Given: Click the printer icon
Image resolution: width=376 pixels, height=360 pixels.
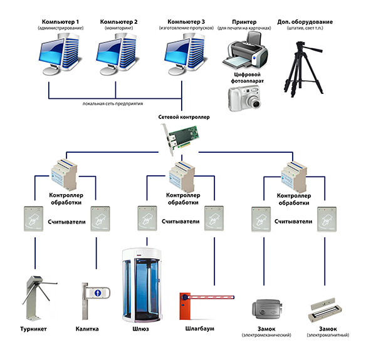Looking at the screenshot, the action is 245,51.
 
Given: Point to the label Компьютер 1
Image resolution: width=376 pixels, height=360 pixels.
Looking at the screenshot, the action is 60,22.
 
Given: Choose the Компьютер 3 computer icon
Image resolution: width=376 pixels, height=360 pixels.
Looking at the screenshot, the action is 184,54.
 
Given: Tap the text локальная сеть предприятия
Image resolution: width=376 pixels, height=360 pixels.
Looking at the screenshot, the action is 113,104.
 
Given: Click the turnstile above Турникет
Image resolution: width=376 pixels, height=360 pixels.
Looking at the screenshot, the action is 38,297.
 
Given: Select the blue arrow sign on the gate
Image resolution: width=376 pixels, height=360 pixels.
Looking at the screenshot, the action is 98,292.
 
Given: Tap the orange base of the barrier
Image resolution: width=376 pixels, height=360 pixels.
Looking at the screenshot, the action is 185,306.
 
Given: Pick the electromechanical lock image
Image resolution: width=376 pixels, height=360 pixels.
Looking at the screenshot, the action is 267,309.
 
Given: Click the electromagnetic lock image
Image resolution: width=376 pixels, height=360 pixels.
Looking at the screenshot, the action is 325,309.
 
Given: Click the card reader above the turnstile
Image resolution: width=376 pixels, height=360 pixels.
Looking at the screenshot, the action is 33,219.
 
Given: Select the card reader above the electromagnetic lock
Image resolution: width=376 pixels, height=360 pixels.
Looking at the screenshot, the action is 326,219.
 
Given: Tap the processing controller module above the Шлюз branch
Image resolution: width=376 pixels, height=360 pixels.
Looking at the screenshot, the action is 182,177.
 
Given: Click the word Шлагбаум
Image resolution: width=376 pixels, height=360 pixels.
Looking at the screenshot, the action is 199,329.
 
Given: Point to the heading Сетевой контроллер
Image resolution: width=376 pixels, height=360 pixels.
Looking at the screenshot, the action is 184,117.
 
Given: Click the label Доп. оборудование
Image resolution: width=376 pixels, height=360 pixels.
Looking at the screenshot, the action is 305,22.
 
